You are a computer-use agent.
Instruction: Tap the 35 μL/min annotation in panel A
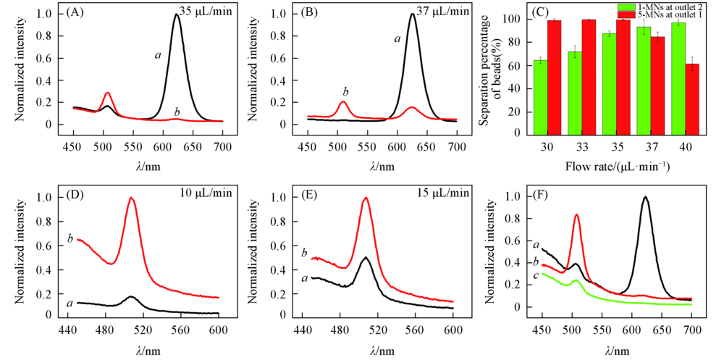click(206, 12)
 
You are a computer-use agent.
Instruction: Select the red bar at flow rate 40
click(692, 99)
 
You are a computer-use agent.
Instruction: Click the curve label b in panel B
click(345, 91)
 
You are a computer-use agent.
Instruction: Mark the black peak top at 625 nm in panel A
click(176, 14)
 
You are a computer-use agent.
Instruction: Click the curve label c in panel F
click(536, 275)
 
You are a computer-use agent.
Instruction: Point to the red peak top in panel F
click(576, 214)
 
